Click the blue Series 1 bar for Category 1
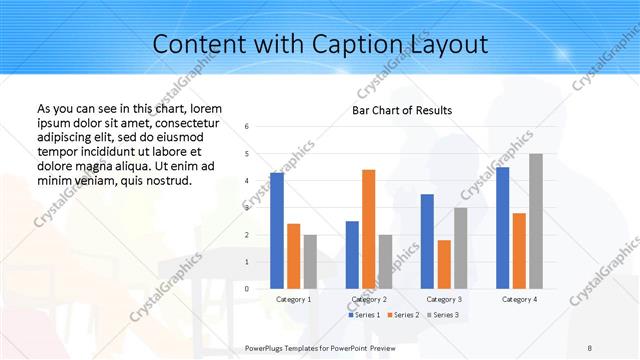click(276, 230)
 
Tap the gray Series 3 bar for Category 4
click(536, 220)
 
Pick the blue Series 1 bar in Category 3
click(427, 240)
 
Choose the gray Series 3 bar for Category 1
click(310, 261)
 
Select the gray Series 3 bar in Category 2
click(386, 261)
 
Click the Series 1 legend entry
click(363, 315)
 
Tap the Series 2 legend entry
click(405, 315)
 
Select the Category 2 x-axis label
click(369, 299)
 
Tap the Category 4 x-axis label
click(519, 299)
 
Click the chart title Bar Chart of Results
click(402, 110)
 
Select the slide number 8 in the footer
click(590, 347)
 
